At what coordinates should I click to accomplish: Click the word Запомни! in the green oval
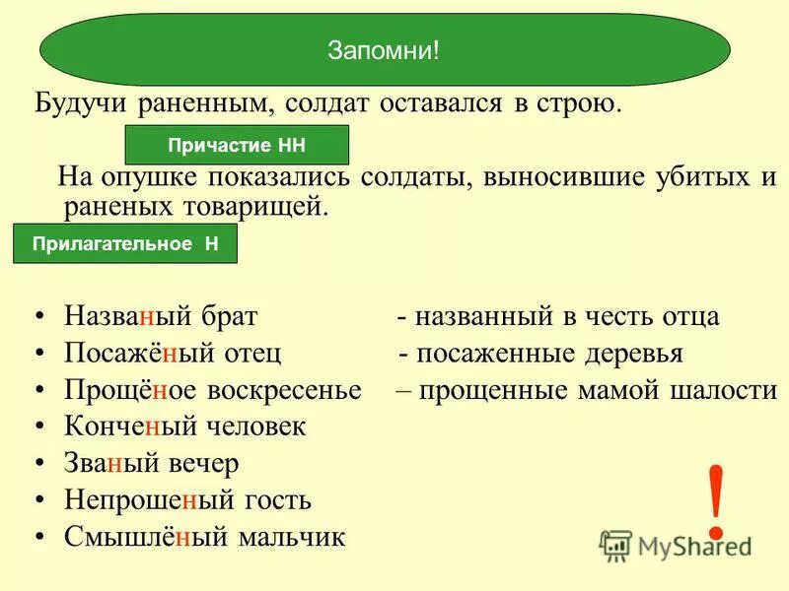(384, 50)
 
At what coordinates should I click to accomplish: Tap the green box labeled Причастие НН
(237, 145)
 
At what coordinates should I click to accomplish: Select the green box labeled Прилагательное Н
(125, 243)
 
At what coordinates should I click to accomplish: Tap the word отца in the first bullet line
(688, 317)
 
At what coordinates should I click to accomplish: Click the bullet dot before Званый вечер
(39, 464)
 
